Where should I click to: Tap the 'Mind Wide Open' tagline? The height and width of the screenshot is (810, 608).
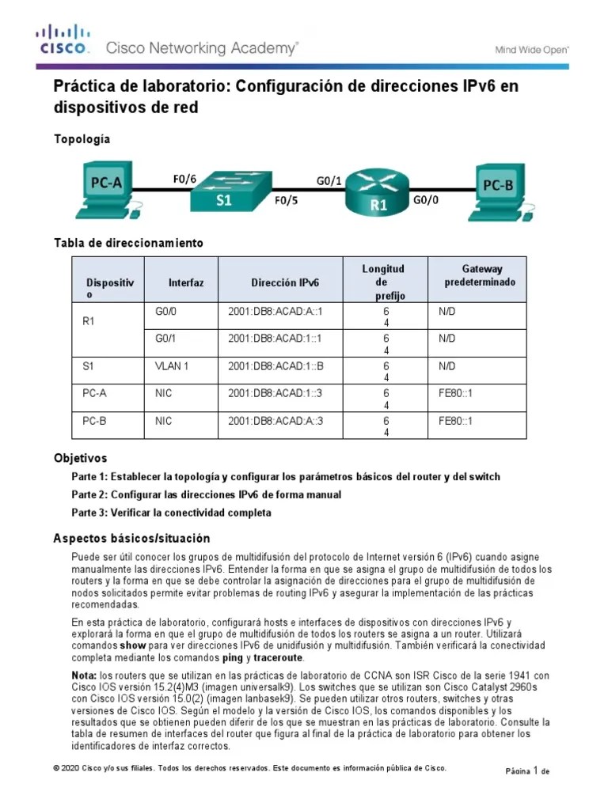point(532,49)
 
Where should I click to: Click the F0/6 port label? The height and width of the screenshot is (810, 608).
point(184,180)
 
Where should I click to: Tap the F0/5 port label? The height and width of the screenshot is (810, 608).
point(287,200)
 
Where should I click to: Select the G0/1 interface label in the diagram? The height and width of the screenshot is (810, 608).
point(329,180)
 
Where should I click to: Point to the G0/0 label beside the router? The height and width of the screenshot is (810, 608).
point(426,201)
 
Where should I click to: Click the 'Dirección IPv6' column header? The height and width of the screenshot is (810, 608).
point(286,282)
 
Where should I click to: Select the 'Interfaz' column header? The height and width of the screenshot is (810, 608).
point(186,282)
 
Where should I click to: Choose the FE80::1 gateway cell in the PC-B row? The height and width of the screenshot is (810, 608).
point(455,421)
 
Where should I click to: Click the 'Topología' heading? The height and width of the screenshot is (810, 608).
point(82,139)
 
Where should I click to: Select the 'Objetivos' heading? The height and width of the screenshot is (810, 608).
point(80,458)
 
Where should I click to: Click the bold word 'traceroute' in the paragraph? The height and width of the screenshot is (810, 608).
point(278,657)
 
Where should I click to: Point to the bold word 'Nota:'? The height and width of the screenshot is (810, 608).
point(84,675)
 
